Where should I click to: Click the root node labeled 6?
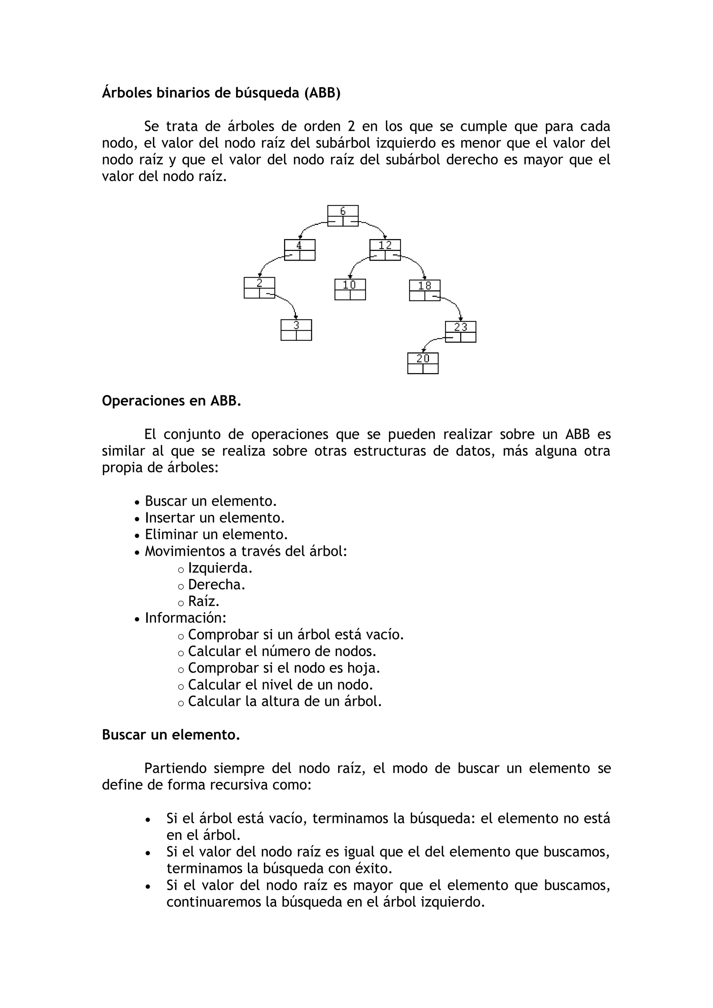point(343,215)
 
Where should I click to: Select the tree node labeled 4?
point(299,250)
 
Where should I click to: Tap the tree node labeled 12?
point(385,250)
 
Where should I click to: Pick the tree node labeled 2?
point(259,288)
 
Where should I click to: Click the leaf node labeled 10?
point(350,289)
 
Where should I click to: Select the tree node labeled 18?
point(424,290)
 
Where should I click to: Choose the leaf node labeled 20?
point(423,363)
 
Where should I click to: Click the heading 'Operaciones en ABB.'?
point(171,401)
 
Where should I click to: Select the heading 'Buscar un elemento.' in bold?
point(171,735)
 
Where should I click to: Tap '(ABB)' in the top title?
point(322,93)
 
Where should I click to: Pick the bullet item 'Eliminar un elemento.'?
point(216,534)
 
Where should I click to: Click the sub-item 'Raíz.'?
point(204,601)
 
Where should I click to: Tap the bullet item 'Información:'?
point(186,618)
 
